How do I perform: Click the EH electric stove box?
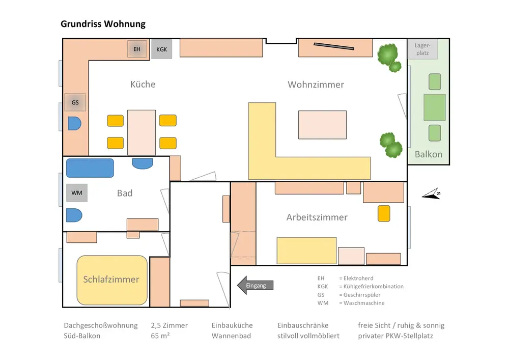click(x=136, y=49)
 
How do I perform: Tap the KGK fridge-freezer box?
click(x=161, y=49)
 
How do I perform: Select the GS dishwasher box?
click(x=75, y=103)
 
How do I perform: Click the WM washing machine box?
click(x=77, y=193)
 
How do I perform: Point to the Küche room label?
click(x=143, y=85)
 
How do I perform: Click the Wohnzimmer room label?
click(x=316, y=85)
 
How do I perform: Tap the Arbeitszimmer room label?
click(x=317, y=217)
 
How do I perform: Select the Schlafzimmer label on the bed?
click(x=111, y=280)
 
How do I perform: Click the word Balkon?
click(x=428, y=154)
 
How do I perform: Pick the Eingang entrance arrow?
click(x=256, y=286)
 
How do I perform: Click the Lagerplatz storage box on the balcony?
click(x=422, y=49)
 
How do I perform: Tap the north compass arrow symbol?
click(x=432, y=195)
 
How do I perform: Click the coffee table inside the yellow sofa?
click(x=322, y=125)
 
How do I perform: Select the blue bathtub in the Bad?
click(x=89, y=168)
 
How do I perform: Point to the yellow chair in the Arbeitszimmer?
click(x=384, y=213)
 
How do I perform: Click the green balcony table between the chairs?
click(x=434, y=107)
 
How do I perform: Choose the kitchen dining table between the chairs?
click(x=142, y=132)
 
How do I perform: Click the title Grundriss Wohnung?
click(x=103, y=24)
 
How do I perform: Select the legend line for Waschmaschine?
click(x=351, y=303)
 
